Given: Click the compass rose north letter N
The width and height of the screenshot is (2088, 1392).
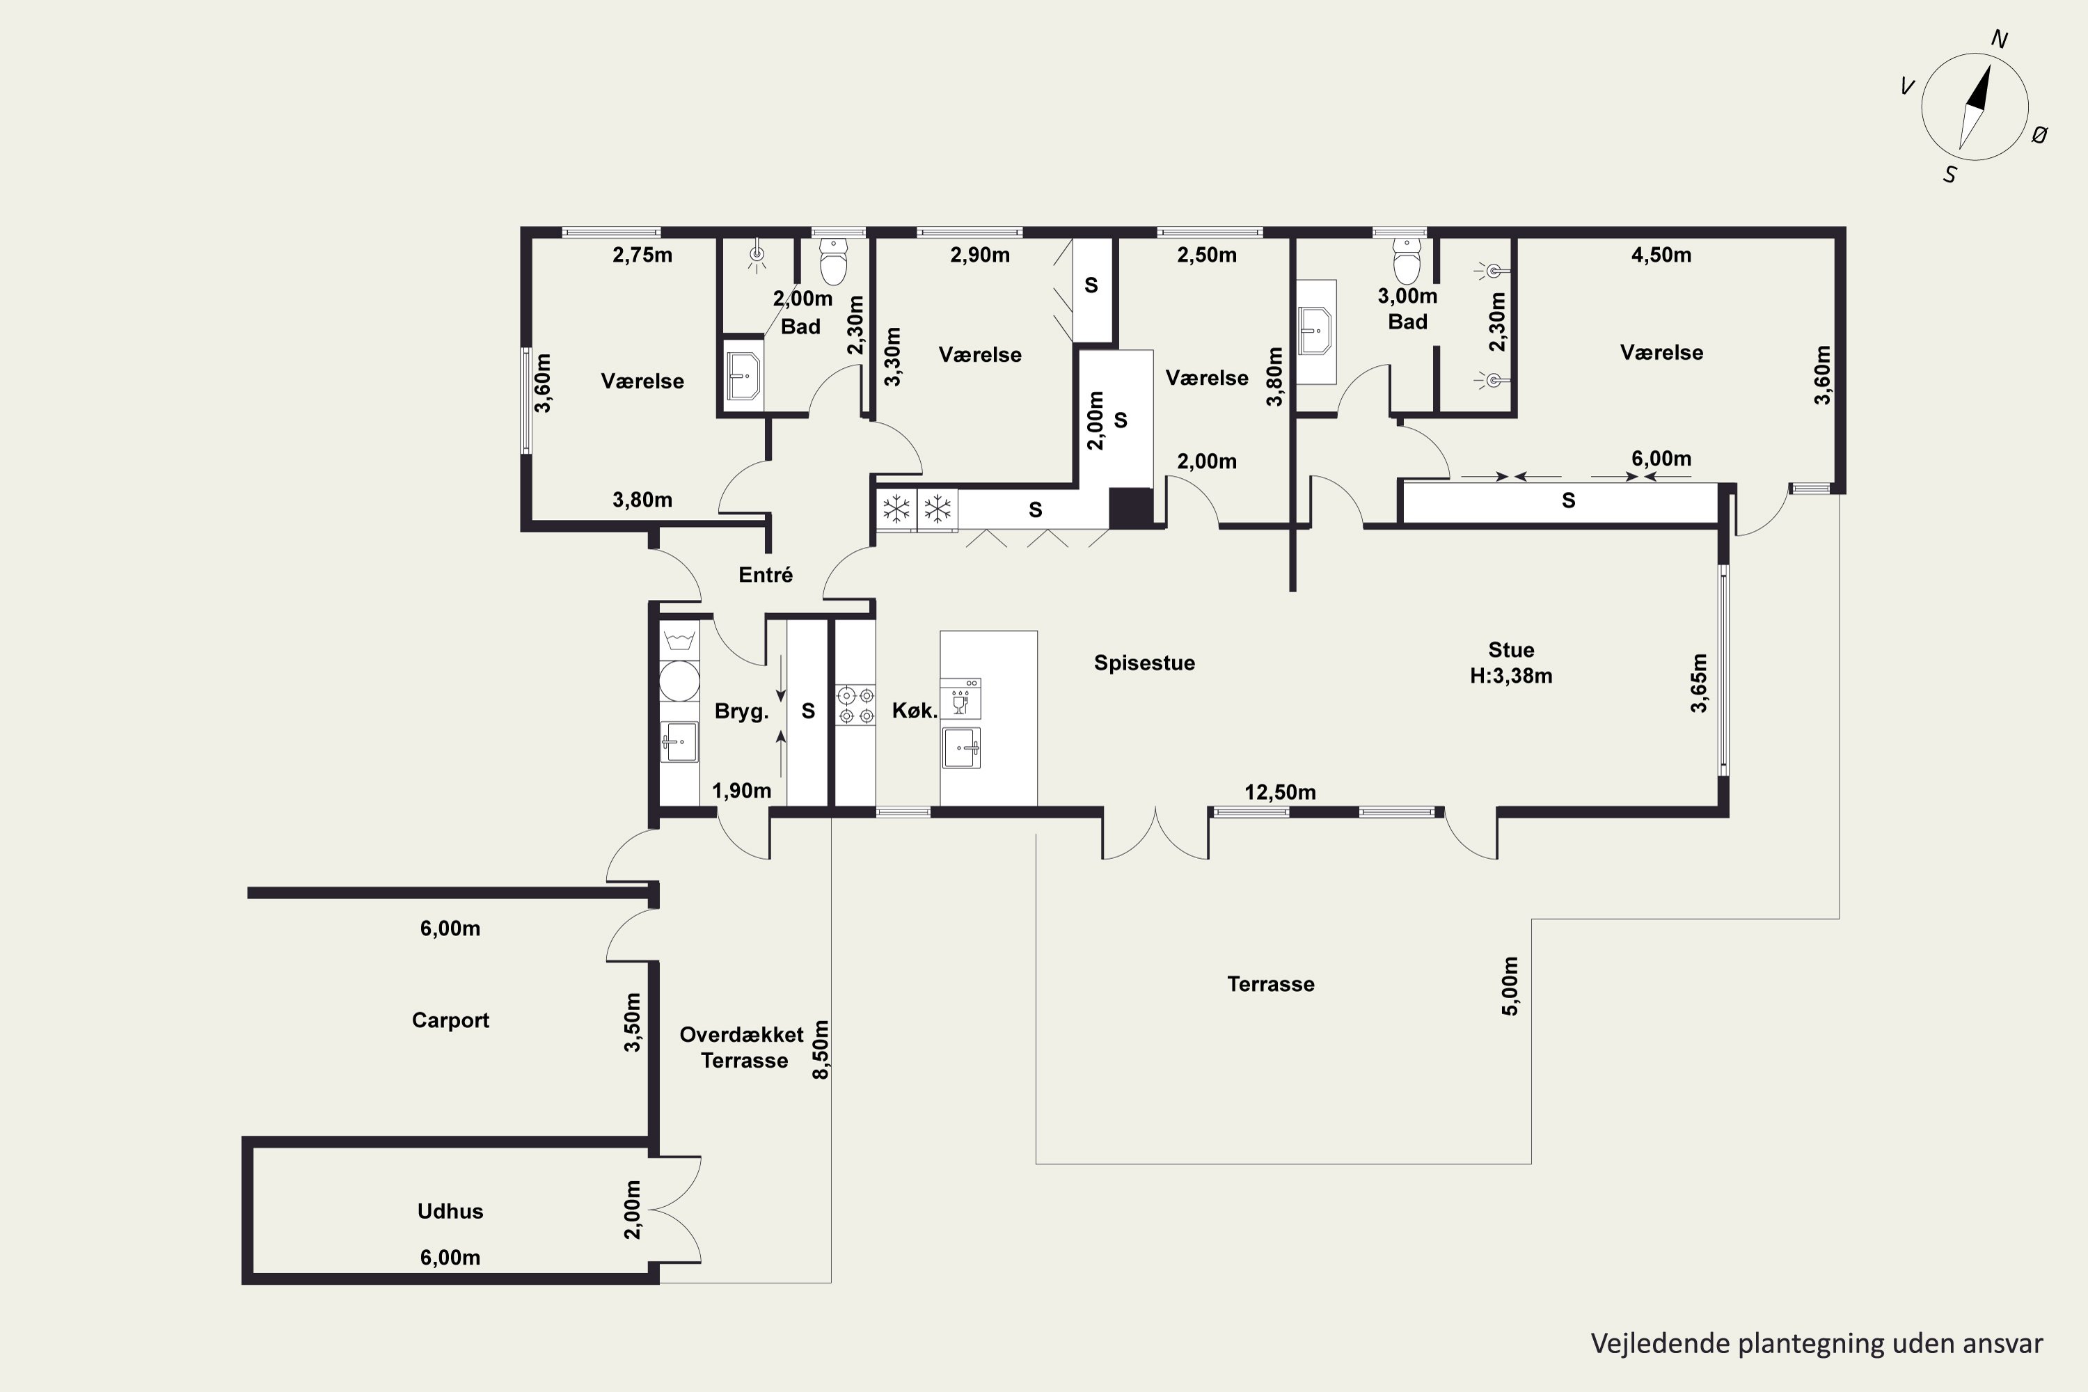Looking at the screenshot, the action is coord(2000,39).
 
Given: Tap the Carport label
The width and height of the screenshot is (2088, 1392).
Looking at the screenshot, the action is coord(450,1020).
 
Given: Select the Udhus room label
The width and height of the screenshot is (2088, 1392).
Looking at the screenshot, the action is coord(450,1211).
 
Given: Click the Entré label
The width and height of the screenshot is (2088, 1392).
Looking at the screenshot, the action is coord(765,574).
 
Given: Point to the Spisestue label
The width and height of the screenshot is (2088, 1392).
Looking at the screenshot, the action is coord(1144,663).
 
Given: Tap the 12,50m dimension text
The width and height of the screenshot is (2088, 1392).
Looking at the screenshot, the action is coord(1280,792).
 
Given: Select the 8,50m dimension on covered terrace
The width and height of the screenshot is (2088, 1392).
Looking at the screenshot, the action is coord(821,1050).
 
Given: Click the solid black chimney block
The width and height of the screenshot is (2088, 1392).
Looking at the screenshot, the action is coord(1131,508).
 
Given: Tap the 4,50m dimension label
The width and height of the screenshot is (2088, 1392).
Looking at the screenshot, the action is coord(1661,255).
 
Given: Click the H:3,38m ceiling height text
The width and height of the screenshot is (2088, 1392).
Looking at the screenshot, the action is coord(1511,676).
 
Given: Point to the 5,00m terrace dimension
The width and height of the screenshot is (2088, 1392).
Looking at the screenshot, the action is coord(1510,986).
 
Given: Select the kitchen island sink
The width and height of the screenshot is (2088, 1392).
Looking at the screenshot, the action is coord(961,748).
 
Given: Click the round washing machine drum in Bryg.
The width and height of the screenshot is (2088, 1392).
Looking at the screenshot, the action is coord(679,681).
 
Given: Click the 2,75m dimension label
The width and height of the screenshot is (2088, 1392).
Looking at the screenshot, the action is coord(642,255).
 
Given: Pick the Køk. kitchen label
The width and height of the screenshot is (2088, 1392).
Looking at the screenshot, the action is coord(915,710).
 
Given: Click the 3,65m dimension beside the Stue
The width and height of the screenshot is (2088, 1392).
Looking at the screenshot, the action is coord(1698,683).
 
